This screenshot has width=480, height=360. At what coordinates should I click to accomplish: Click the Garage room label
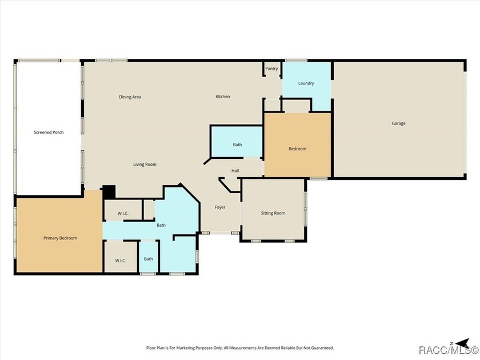pos(398,123)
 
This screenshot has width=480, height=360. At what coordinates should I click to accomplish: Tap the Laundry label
pos(306,83)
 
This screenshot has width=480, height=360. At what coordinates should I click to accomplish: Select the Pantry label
pos(271,69)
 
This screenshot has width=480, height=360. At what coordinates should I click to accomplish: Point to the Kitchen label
pos(222,97)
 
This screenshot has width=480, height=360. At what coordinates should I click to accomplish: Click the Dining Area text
pos(130,97)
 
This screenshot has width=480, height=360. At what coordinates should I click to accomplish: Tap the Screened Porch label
pos(49,132)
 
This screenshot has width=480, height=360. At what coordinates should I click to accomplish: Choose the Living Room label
pos(145,165)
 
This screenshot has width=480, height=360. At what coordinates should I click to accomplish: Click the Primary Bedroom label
pos(60,238)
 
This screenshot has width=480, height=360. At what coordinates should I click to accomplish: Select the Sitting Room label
pos(273,213)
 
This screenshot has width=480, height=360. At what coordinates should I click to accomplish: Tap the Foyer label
pos(220,207)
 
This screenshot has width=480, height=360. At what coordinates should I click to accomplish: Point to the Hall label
pos(235,171)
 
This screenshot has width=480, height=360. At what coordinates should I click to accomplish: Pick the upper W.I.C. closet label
pos(123,213)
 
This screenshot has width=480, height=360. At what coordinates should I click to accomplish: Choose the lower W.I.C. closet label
pos(121,261)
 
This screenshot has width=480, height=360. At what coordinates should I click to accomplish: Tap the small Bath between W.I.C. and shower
pos(149,259)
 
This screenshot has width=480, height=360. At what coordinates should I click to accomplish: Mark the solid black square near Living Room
pos(109,192)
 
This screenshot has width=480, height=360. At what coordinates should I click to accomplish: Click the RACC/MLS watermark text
pos(449,350)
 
